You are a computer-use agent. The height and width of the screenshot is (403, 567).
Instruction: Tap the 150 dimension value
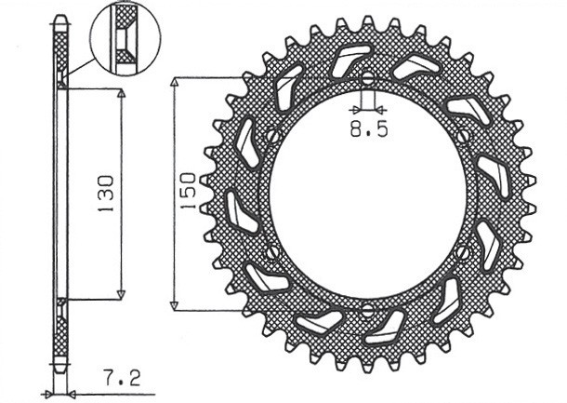click(188, 193)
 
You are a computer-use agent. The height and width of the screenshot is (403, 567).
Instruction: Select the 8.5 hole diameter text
click(368, 130)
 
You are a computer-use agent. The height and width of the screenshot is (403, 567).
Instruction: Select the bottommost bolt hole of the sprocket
click(367, 310)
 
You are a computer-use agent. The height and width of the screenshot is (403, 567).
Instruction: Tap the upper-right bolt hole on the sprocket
click(463, 136)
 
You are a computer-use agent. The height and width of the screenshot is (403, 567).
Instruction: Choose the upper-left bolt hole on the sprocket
click(271, 136)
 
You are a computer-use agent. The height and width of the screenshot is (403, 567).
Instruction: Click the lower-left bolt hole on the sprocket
click(271, 251)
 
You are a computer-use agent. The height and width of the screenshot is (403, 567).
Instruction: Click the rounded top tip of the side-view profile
click(60, 19)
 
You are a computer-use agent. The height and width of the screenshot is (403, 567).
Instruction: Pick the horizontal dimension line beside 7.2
click(84, 392)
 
